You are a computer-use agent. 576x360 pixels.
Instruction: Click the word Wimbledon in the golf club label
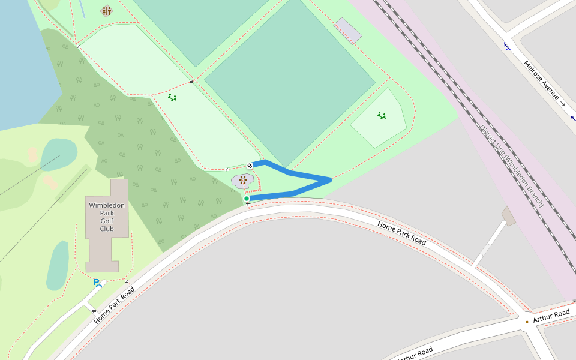pyautogui.click(x=107, y=205)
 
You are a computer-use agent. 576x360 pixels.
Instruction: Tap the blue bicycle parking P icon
pyautogui.click(x=97, y=283)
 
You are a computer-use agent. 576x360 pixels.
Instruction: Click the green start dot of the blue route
pyautogui.click(x=247, y=199)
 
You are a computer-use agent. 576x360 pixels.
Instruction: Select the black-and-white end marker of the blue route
pyautogui.click(x=250, y=166)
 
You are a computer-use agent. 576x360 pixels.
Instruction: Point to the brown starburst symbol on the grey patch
pyautogui.click(x=242, y=179)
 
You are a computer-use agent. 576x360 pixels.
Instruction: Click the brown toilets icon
pyautogui.click(x=107, y=11)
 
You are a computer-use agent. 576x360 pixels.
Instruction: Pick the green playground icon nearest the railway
pyautogui.click(x=382, y=115)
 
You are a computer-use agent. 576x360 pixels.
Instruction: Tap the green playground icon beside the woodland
pyautogui.click(x=172, y=97)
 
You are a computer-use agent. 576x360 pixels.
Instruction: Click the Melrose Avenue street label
pyautogui.click(x=541, y=80)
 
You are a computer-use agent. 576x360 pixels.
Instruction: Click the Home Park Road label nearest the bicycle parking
pyautogui.click(x=114, y=305)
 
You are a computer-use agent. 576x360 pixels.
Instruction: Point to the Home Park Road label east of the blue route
pyautogui.click(x=401, y=233)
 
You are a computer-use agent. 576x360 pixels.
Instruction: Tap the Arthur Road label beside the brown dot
pyautogui.click(x=551, y=316)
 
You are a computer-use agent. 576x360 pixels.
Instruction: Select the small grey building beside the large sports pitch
pyautogui.click(x=348, y=30)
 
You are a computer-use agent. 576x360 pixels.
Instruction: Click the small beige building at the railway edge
pyautogui.click(x=509, y=216)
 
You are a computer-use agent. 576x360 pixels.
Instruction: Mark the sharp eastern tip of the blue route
pyautogui.click(x=330, y=179)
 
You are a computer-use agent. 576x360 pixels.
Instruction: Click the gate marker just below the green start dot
pyautogui.click(x=247, y=205)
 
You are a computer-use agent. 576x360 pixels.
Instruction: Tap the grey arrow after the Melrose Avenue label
pyautogui.click(x=563, y=104)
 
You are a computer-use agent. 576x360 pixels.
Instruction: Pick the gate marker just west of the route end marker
pyautogui.click(x=227, y=169)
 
